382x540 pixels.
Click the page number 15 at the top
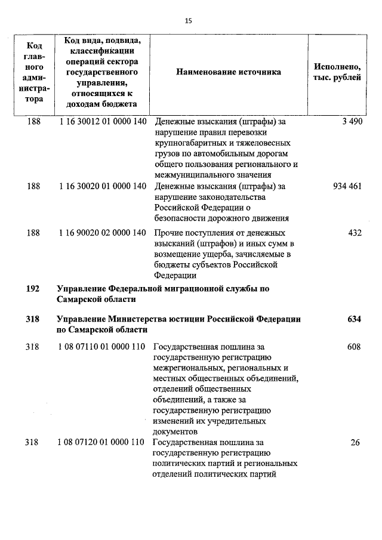189,21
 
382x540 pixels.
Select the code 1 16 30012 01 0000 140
103,122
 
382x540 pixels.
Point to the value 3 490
352,122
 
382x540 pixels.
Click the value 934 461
347,186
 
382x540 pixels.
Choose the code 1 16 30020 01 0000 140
103,186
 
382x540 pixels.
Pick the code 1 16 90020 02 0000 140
103,233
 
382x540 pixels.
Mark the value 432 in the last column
355,233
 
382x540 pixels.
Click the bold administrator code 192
33,289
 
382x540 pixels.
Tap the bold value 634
355,319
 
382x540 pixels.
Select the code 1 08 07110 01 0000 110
103,347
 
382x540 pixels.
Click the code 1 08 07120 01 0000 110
103,442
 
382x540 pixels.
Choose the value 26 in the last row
356,442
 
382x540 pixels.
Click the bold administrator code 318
33,319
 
